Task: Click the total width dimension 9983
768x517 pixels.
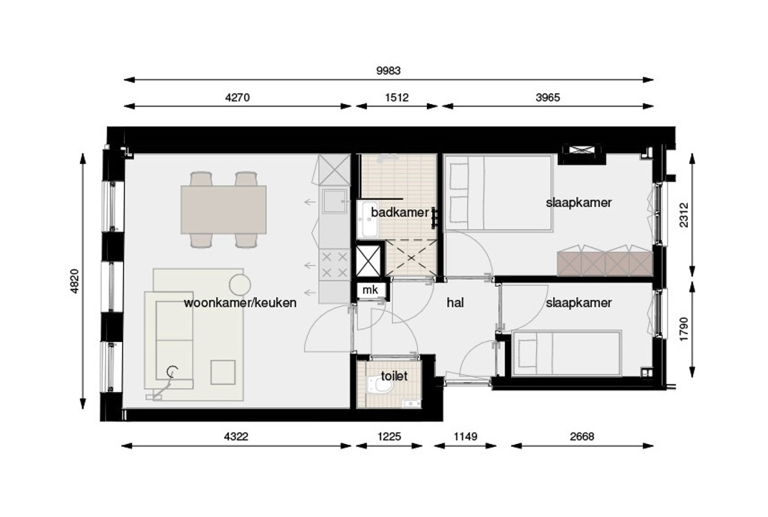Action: point(388,70)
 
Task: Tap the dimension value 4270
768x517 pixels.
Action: point(237,98)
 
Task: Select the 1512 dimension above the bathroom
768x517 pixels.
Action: point(396,98)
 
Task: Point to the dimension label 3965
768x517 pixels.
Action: point(547,98)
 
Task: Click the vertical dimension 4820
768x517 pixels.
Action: point(75,281)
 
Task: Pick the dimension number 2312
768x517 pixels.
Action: point(684,215)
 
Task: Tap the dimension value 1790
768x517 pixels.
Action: point(684,329)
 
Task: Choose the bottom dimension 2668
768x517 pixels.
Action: point(582,436)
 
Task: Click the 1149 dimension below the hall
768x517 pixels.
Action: point(465,436)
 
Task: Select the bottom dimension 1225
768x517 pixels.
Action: point(389,436)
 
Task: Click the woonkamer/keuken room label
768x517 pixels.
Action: point(240,302)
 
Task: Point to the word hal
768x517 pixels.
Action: point(455,302)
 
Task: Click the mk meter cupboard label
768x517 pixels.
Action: point(370,290)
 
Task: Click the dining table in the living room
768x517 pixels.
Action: point(224,209)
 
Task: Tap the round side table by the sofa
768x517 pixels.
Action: point(239,284)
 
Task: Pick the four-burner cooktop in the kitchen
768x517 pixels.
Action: point(334,264)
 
